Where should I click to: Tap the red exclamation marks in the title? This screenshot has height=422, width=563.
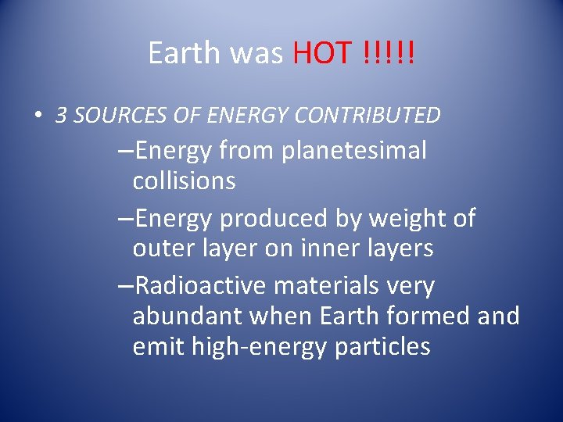pyautogui.click(x=389, y=53)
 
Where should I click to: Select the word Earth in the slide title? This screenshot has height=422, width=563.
pyautogui.click(x=185, y=53)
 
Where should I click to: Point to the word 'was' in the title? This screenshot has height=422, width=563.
pyautogui.click(x=257, y=53)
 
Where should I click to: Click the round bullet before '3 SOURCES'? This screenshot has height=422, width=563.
pyautogui.click(x=38, y=116)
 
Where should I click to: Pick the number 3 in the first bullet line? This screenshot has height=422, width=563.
pyautogui.click(x=61, y=116)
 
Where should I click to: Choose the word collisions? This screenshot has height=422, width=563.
pyautogui.click(x=184, y=181)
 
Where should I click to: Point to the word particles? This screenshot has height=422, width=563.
pyautogui.click(x=382, y=346)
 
